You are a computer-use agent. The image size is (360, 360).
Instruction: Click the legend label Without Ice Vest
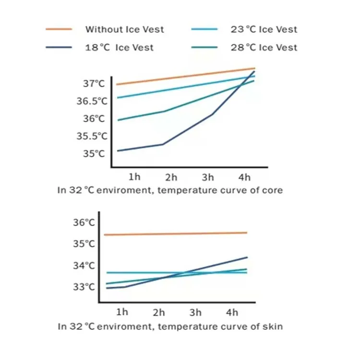click(x=124, y=29)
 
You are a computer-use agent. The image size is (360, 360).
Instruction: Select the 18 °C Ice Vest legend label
click(x=119, y=48)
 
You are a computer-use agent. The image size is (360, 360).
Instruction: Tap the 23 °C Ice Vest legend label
click(x=264, y=29)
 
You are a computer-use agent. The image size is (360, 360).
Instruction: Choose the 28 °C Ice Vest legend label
click(x=264, y=48)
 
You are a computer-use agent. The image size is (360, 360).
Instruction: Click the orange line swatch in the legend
click(x=59, y=29)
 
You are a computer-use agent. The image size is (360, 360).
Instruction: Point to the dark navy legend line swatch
click(x=59, y=48)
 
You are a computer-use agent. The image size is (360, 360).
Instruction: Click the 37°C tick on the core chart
click(x=93, y=84)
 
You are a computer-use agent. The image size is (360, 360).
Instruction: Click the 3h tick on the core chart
click(x=208, y=178)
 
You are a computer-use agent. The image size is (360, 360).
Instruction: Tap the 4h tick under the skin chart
click(x=232, y=312)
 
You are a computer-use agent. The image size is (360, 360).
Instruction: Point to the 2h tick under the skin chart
click(x=159, y=312)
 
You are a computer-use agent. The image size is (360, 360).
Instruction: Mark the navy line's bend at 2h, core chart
click(x=163, y=144)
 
